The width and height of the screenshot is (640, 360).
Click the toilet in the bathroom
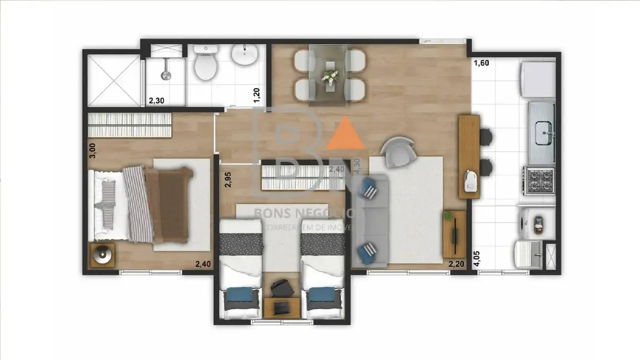click(x=207, y=65)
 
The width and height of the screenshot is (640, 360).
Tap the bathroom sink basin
click(x=244, y=55)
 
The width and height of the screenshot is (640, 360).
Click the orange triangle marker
click(x=346, y=133)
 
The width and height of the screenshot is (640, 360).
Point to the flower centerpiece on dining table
click(x=330, y=75)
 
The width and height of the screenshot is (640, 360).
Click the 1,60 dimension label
click(x=481, y=63)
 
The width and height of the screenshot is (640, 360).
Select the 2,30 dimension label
click(x=156, y=101)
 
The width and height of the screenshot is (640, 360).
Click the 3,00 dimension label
click(x=93, y=150)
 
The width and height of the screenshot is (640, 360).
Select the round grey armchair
click(x=397, y=151)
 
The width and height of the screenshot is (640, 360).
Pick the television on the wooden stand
click(x=455, y=233)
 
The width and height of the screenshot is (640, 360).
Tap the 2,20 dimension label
click(x=456, y=264)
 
